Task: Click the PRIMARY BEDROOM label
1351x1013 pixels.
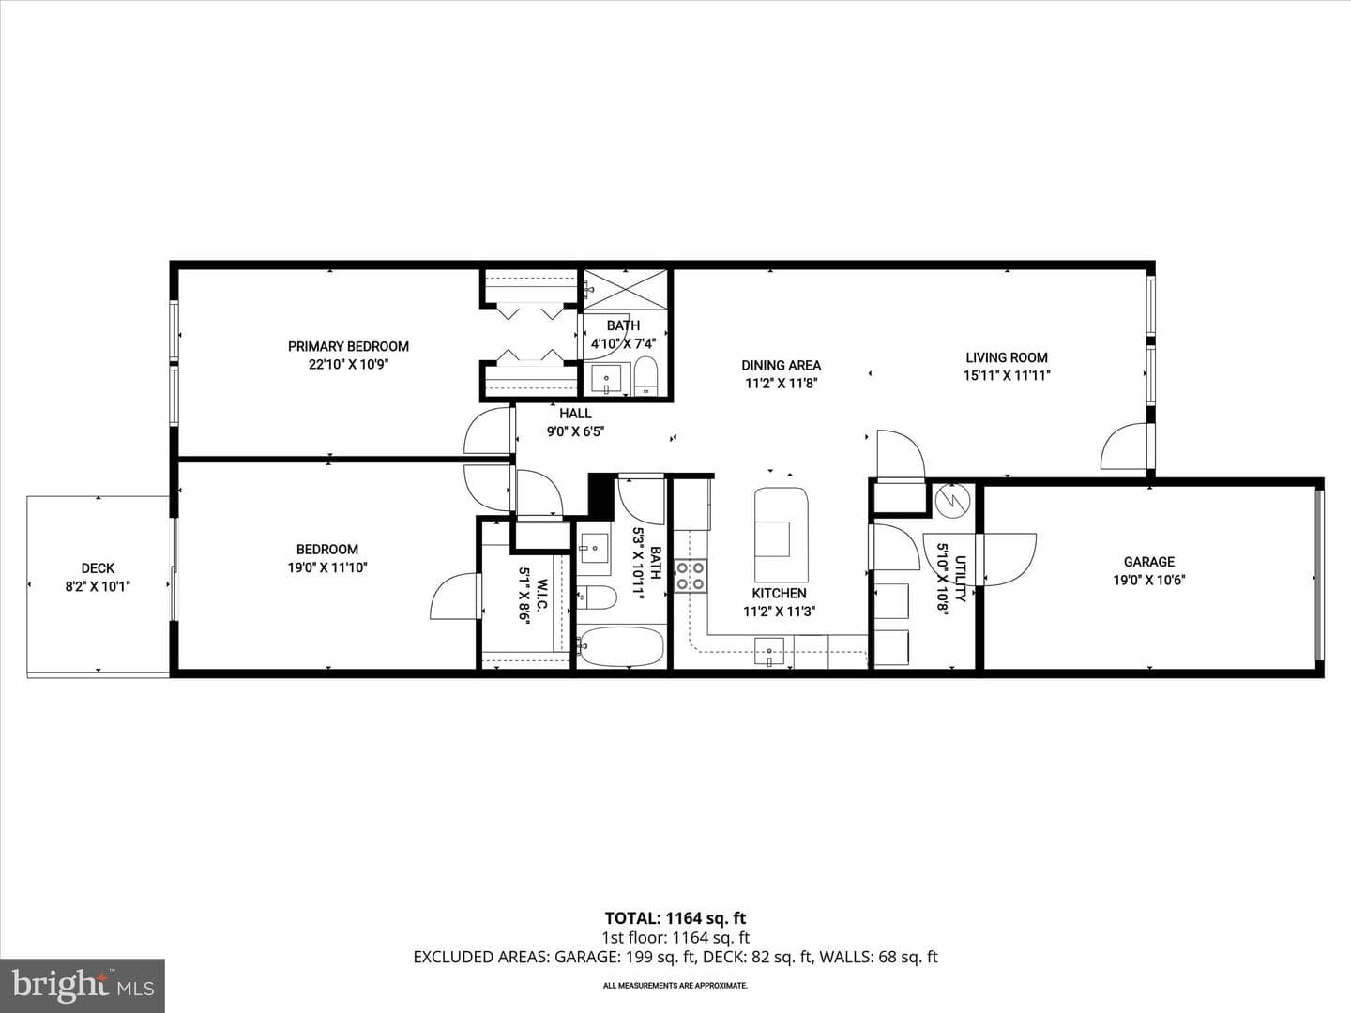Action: (348, 346)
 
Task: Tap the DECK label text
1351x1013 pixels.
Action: (98, 568)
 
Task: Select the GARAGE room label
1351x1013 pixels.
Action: (1149, 562)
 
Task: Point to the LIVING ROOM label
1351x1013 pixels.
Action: (1007, 357)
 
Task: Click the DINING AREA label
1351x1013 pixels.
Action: (782, 366)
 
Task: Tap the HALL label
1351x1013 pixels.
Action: (575, 414)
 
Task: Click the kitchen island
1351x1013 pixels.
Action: (782, 535)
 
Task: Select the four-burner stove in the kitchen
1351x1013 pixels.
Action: (690, 576)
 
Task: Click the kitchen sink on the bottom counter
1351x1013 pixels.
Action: (769, 652)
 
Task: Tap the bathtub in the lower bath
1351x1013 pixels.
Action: (622, 646)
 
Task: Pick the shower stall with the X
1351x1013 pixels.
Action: (625, 289)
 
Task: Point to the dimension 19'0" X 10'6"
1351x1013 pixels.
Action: (1149, 580)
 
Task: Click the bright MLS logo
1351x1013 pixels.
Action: (83, 985)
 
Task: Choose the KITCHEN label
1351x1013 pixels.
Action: (780, 594)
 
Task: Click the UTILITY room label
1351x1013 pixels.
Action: (960, 579)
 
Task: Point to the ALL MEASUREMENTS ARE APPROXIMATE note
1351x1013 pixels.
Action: (675, 985)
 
